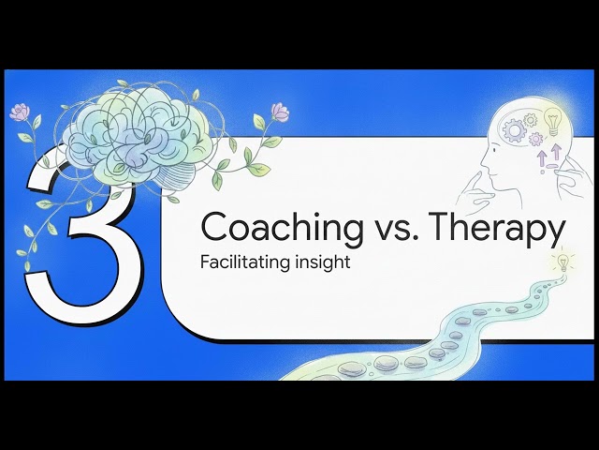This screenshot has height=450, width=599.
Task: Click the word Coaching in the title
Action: [282, 228]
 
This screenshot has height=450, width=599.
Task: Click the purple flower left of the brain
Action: [20, 112]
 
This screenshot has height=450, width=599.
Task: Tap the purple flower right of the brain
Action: [280, 112]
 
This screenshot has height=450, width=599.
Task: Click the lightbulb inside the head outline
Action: [552, 121]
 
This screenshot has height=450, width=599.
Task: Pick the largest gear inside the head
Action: [514, 129]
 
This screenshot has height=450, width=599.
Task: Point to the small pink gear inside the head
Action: [535, 139]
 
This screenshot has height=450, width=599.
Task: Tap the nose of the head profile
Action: [483, 166]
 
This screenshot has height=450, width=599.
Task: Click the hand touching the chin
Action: [477, 191]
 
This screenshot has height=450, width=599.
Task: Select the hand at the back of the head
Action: [570, 177]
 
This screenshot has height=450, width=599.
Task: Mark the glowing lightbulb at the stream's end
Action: [563, 262]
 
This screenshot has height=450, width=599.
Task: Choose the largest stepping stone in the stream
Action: [352, 368]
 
